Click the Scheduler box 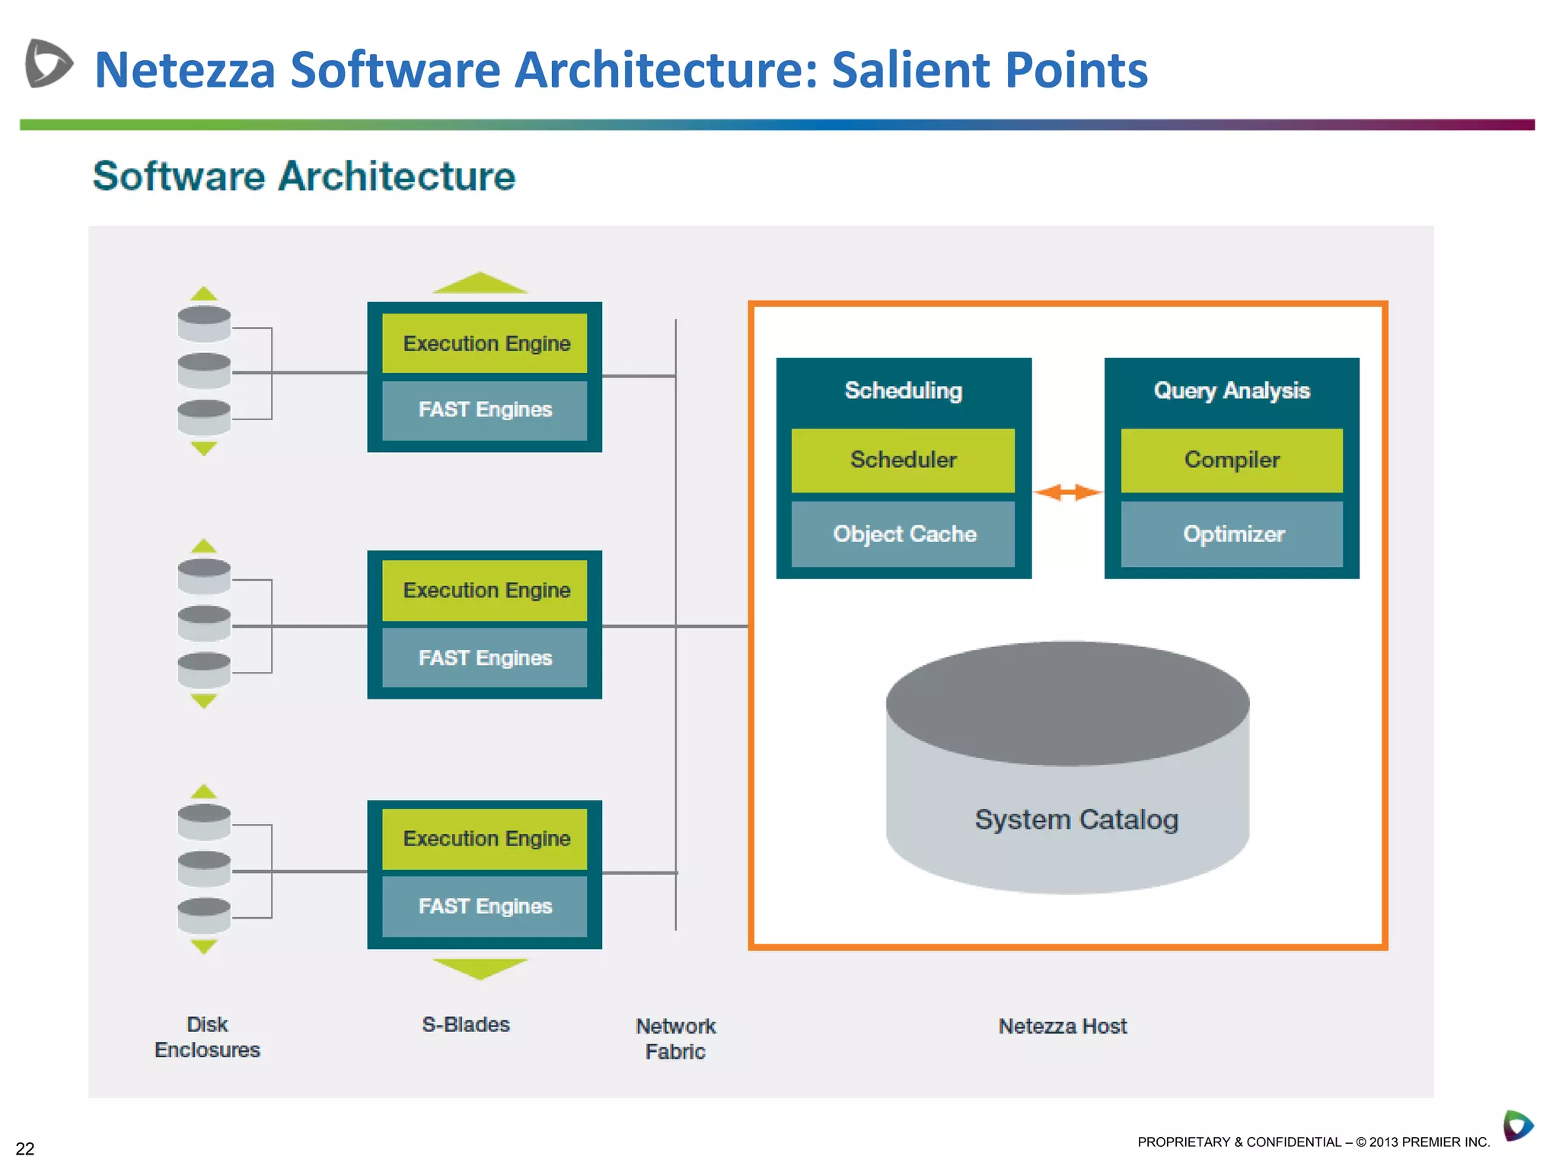click(903, 460)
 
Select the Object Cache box click(903, 534)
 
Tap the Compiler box click(1231, 460)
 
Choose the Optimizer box click(1232, 534)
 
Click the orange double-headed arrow click(1068, 492)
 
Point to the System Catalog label click(1076, 820)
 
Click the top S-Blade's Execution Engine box click(485, 343)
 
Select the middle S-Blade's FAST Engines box click(485, 658)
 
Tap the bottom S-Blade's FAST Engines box click(485, 906)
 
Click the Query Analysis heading click(1231, 390)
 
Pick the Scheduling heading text click(903, 390)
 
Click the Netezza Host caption click(1062, 1026)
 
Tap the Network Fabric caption click(675, 1039)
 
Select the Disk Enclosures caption click(207, 1037)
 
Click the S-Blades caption click(465, 1024)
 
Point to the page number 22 click(25, 1148)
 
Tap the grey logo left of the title click(48, 63)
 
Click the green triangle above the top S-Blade click(480, 284)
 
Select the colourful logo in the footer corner click(1517, 1126)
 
